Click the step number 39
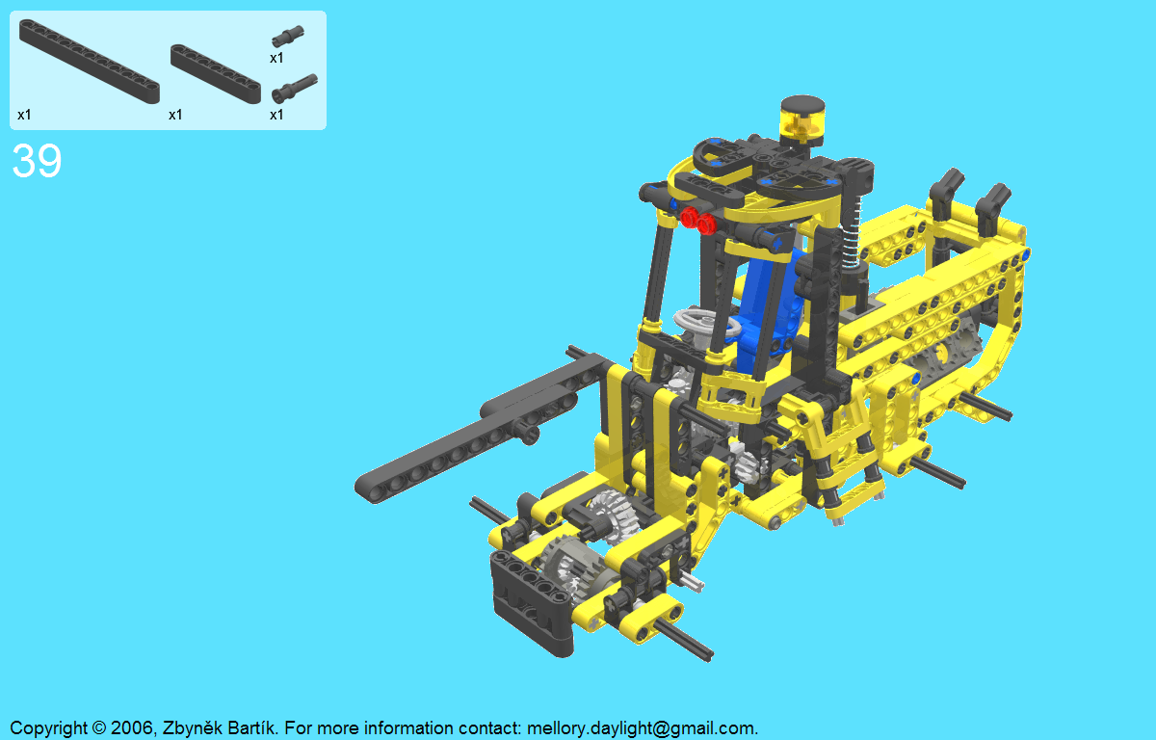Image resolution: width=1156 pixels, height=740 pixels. pos(37,161)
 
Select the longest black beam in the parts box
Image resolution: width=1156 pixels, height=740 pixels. pos(90,62)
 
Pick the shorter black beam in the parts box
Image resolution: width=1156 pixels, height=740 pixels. pos(216,74)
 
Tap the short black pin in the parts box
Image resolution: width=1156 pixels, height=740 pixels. pos(288,36)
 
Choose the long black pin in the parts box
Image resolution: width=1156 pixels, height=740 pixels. pos(294,89)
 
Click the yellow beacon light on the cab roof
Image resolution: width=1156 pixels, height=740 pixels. pos(801,121)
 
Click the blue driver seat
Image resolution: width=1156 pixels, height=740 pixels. pos(769,309)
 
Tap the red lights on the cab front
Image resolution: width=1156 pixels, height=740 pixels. pos(697,221)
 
